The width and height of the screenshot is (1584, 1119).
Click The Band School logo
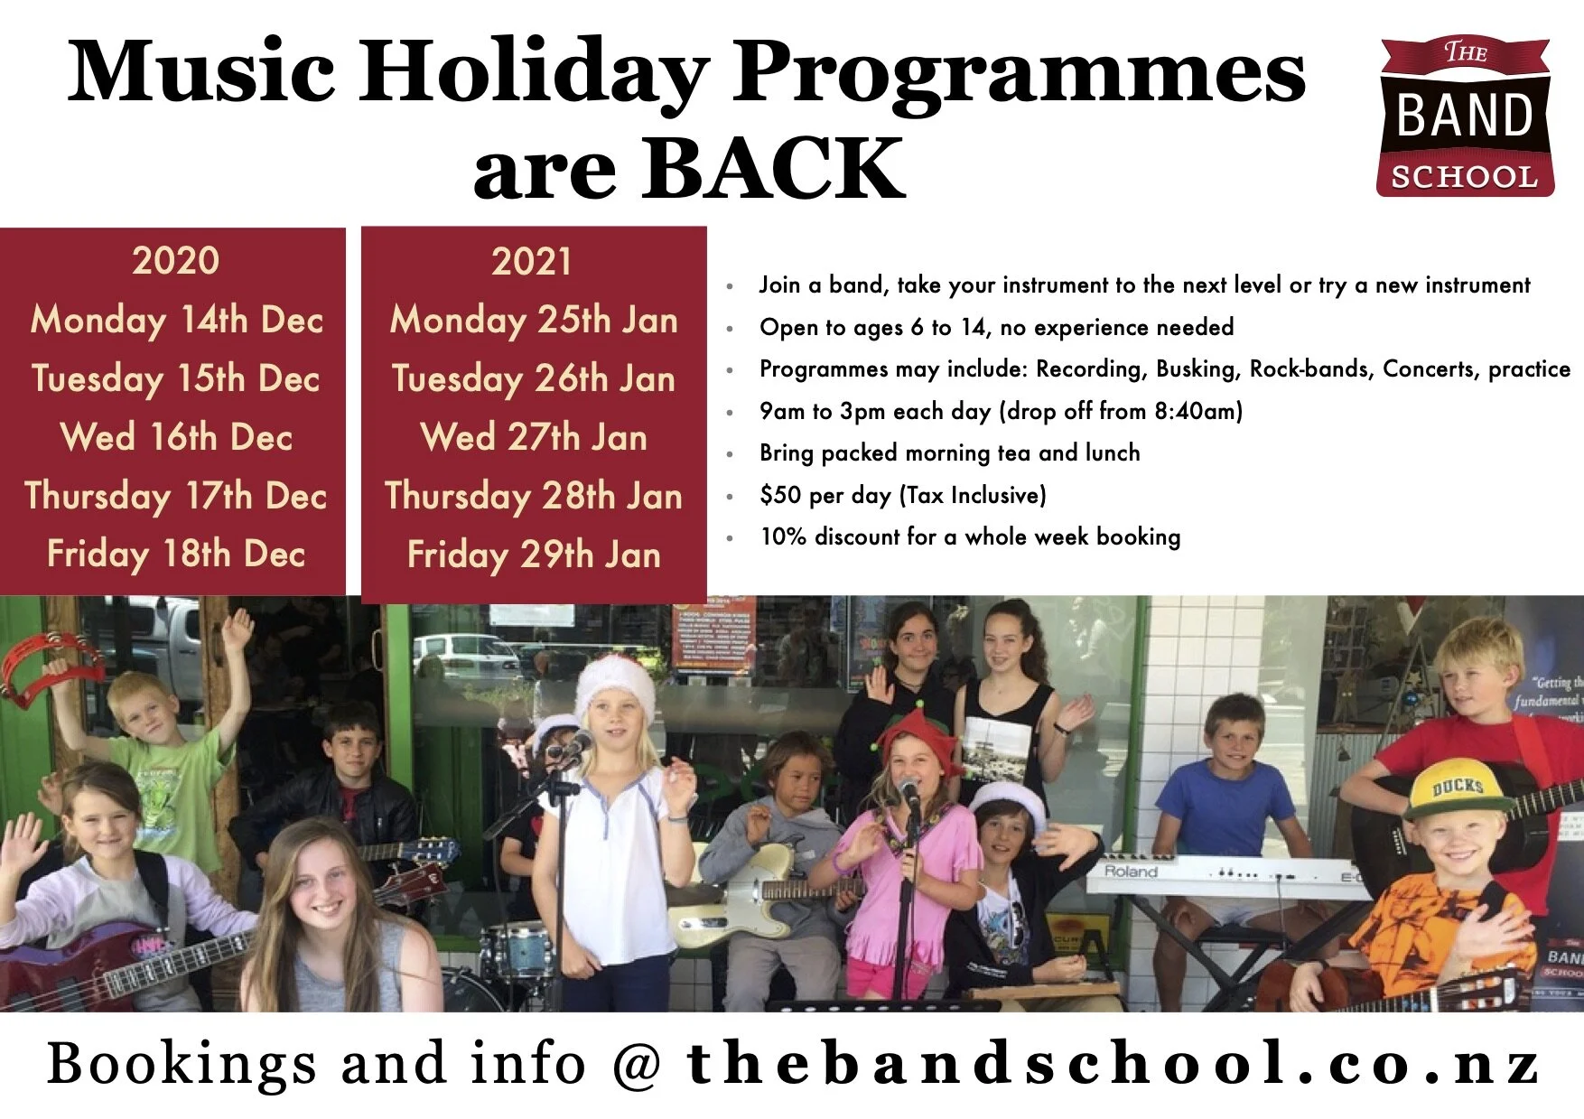point(1466,117)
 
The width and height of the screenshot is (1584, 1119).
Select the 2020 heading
point(175,261)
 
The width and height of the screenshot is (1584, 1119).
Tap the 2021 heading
point(532,262)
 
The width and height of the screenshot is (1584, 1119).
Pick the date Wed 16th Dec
point(176,437)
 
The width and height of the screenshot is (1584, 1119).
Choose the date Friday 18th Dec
point(176,554)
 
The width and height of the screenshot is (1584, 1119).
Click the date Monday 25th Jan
point(533,320)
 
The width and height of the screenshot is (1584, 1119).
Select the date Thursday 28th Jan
point(533,496)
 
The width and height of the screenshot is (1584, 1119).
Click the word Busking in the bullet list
point(1193,368)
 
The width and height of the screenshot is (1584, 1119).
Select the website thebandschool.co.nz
point(1112,1063)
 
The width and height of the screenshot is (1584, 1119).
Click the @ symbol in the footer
point(637,1064)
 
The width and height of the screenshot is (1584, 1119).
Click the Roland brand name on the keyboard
point(1131,872)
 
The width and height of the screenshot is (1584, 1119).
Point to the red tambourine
point(41,668)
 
